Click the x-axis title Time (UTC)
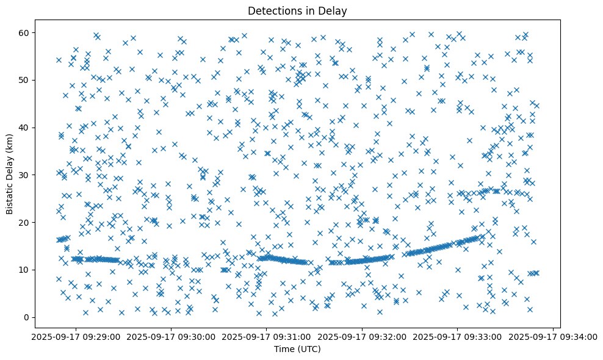(297, 350)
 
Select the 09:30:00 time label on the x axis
(170, 337)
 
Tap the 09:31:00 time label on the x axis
(266, 337)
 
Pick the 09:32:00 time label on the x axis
(362, 337)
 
